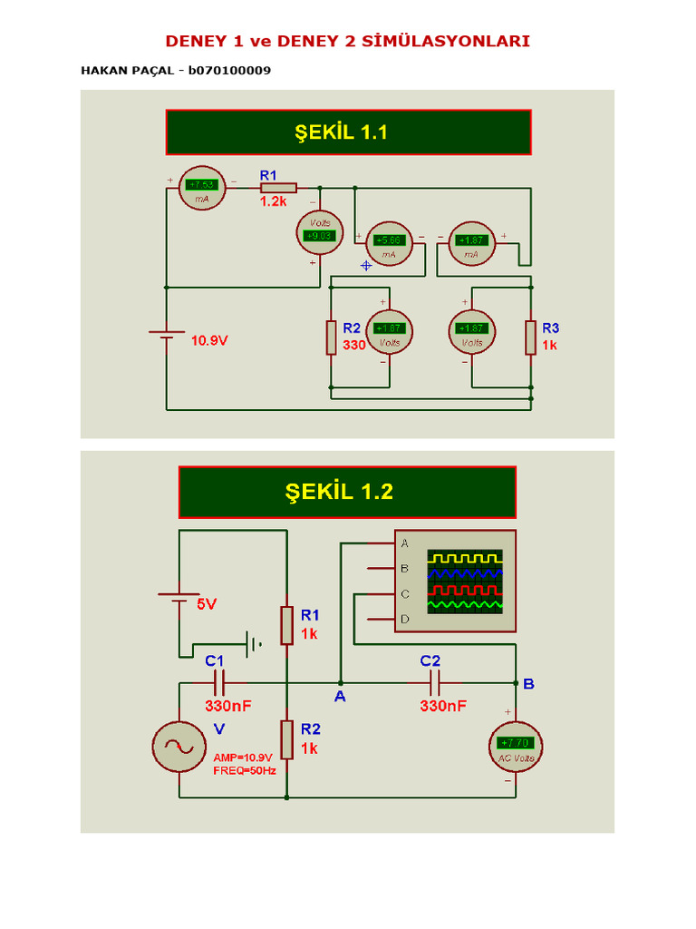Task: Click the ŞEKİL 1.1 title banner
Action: point(348,132)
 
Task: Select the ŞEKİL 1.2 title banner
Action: point(347,492)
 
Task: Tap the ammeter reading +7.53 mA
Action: point(200,188)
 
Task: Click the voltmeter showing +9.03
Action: point(320,232)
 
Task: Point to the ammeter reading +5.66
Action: point(389,244)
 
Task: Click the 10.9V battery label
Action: point(209,341)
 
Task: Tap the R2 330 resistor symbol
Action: point(332,337)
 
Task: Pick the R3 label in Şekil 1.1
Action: point(550,328)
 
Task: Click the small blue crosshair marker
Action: point(366,265)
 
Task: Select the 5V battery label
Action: point(207,603)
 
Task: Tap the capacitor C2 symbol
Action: point(433,682)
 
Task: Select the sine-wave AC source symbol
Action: point(179,747)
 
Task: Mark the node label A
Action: point(340,697)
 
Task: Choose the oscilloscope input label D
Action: point(405,619)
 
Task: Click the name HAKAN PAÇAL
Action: point(130,70)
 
